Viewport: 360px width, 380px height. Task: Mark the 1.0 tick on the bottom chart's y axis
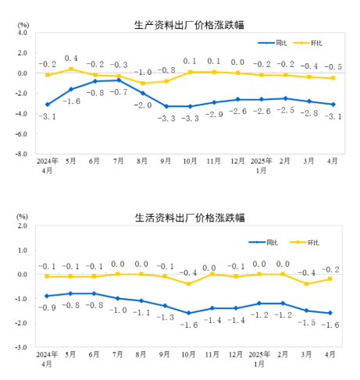[x=21, y=250]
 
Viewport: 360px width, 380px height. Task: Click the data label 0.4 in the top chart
[x=71, y=59]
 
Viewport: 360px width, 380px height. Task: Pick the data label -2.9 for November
[x=213, y=115]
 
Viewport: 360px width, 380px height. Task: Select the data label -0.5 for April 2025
[x=332, y=67]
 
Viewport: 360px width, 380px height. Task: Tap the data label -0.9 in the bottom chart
[x=48, y=308]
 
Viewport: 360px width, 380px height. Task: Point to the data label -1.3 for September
[x=166, y=318]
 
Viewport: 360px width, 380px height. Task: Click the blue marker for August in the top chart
[x=142, y=93]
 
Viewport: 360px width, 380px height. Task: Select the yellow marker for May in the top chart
[x=71, y=69]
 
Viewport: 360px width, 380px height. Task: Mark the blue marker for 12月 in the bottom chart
[x=237, y=308]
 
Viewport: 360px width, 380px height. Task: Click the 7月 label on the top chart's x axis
[x=119, y=162]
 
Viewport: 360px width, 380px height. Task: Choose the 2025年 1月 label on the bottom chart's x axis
[x=261, y=358]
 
